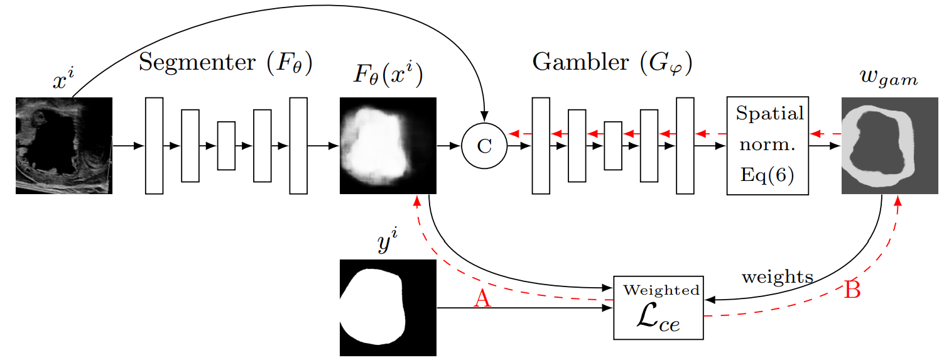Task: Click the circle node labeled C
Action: (484, 146)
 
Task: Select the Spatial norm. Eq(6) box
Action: (768, 146)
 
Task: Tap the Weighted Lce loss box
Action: (658, 308)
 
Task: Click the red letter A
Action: (482, 299)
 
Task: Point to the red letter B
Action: (852, 290)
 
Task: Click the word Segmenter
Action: (186, 62)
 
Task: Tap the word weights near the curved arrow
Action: (778, 276)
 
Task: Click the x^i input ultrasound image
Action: (63, 146)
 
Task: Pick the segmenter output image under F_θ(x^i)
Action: (388, 146)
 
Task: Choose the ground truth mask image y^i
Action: (388, 308)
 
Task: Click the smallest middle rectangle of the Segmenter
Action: (226, 146)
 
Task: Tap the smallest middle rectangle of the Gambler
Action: (613, 146)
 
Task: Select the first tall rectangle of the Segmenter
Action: (154, 146)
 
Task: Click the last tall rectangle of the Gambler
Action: (685, 146)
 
